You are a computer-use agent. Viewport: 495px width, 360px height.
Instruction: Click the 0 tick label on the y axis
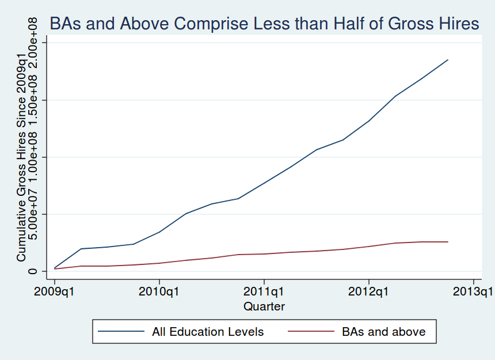tap(35, 271)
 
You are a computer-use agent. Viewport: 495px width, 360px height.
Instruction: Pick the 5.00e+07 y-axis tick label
tap(35, 214)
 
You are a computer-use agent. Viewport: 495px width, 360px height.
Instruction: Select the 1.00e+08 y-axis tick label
tap(35, 157)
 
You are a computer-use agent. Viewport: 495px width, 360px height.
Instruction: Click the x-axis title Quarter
tap(264, 306)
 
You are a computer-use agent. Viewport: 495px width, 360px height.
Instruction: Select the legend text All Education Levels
tap(208, 332)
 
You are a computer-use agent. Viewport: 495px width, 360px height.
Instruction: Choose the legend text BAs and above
tap(384, 332)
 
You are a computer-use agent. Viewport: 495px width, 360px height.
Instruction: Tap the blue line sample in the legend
tap(121, 332)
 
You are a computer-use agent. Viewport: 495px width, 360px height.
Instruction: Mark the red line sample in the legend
tap(311, 332)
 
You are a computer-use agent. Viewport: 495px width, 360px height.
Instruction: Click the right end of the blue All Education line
tap(447, 60)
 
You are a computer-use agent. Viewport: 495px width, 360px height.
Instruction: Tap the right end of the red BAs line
tap(447, 242)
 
